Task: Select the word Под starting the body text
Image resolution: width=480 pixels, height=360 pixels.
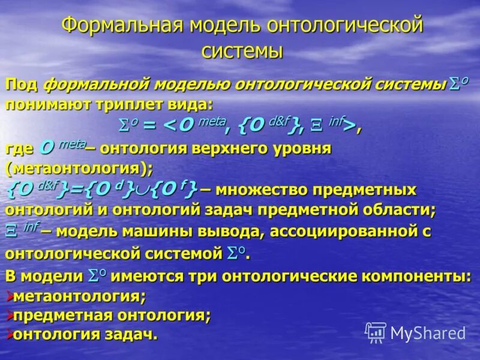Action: [22, 85]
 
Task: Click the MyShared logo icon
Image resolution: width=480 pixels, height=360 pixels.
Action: [376, 332]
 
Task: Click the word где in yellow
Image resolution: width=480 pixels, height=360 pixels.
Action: [18, 149]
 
